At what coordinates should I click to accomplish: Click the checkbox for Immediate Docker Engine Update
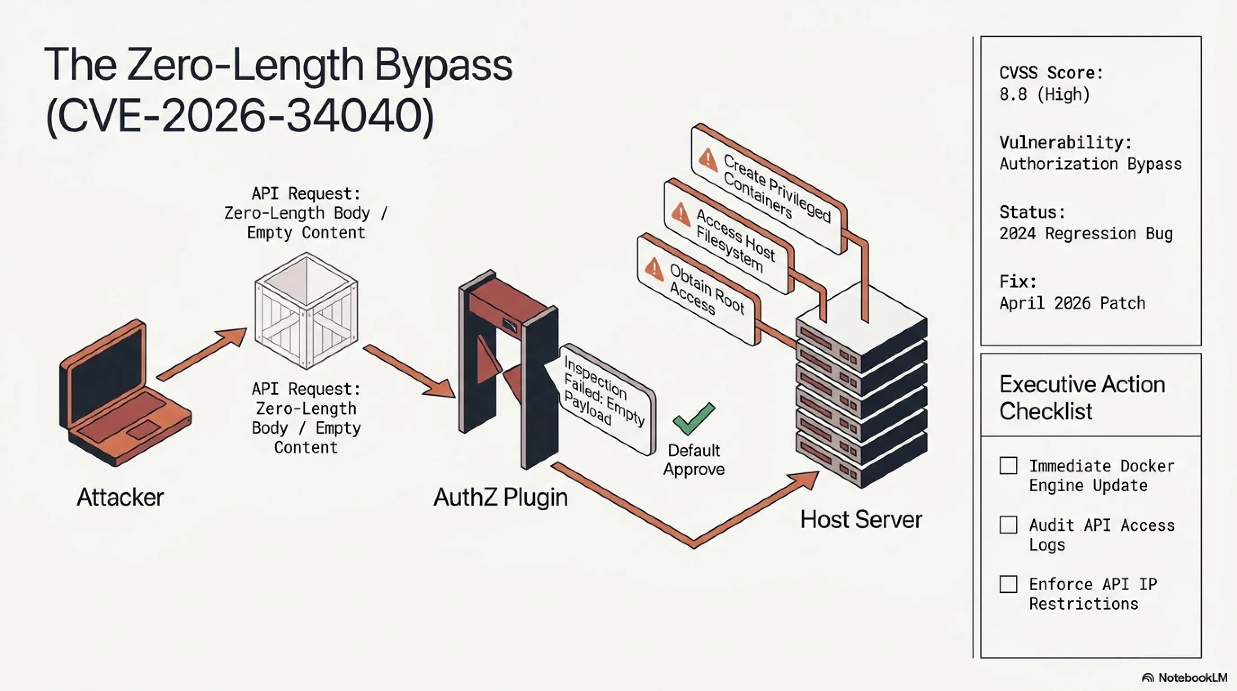(x=1008, y=466)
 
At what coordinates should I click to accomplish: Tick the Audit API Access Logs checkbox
(x=1008, y=525)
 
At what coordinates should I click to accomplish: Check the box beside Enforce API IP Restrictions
(x=1008, y=584)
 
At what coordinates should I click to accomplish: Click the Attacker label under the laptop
(x=120, y=497)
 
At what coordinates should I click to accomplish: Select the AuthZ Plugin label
(x=500, y=497)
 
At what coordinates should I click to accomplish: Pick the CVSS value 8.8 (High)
(x=1045, y=94)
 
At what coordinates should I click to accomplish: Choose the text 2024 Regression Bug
(x=1086, y=233)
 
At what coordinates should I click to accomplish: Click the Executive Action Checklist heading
(x=1082, y=397)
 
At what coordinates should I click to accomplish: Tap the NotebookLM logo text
(x=1193, y=678)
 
